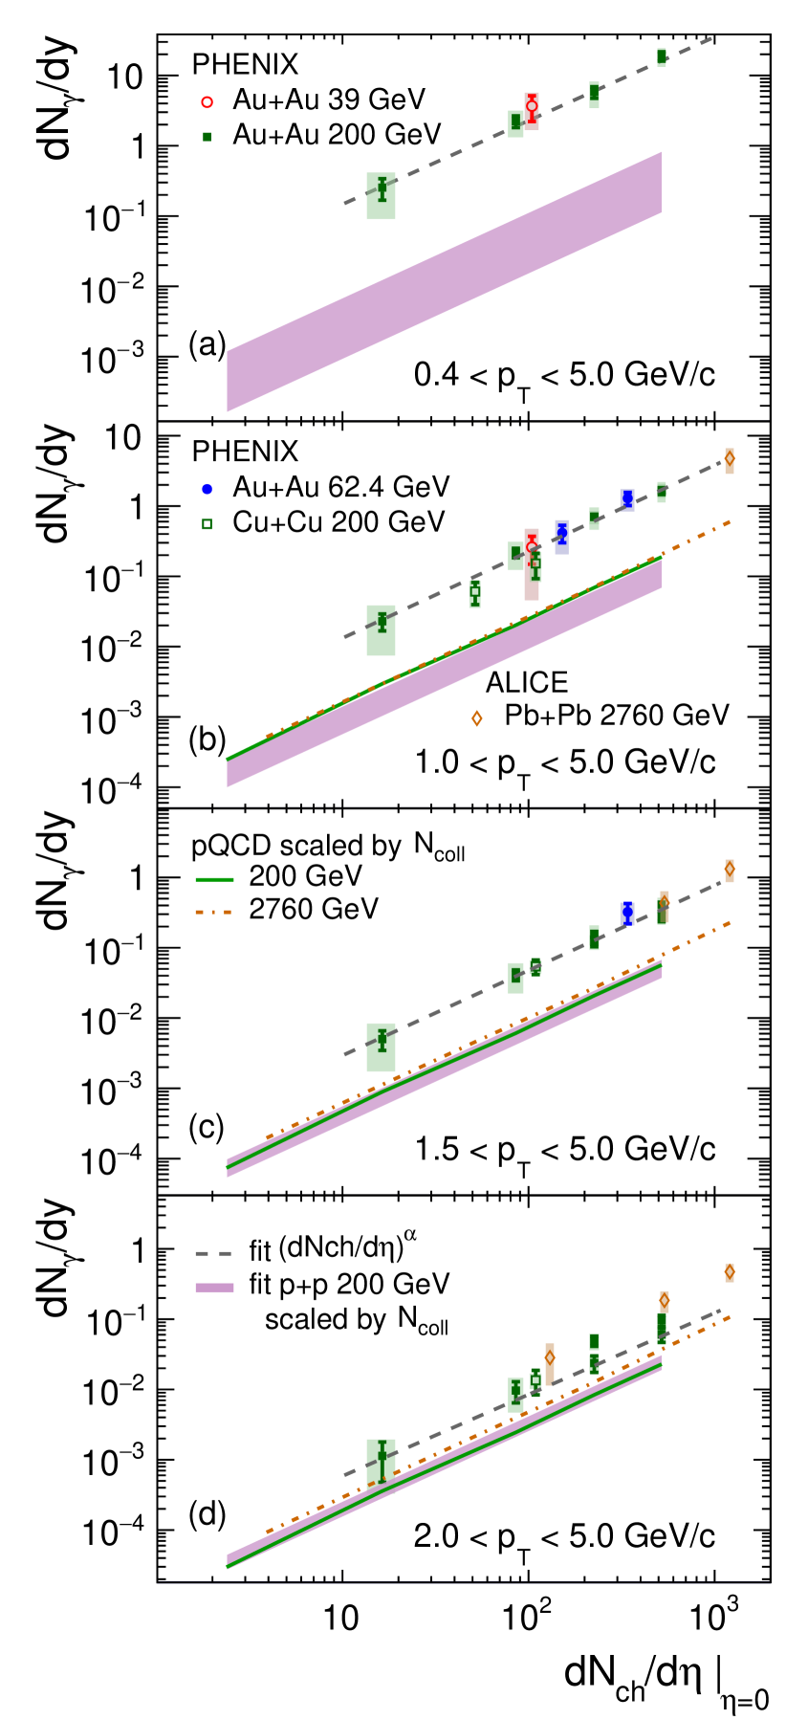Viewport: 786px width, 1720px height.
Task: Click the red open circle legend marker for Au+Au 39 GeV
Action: click(x=208, y=99)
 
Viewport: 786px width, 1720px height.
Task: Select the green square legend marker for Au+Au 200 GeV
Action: click(x=208, y=135)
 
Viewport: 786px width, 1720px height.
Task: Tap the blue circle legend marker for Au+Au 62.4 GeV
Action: click(x=208, y=488)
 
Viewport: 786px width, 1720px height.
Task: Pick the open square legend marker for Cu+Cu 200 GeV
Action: click(x=208, y=523)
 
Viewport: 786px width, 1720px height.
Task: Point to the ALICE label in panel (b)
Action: click(x=527, y=682)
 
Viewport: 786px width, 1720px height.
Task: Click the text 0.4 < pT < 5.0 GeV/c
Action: click(x=564, y=375)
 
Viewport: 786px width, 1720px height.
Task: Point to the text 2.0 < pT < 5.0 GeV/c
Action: click(x=564, y=1537)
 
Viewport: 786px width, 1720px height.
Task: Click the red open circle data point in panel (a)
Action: click(x=533, y=106)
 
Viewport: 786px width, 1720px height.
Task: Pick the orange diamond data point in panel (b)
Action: click(x=730, y=458)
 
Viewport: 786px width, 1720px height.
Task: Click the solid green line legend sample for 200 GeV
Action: click(x=214, y=876)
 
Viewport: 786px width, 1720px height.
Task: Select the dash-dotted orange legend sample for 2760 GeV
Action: click(x=214, y=910)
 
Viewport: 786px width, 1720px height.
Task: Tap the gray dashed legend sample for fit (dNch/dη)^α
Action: click(x=214, y=1251)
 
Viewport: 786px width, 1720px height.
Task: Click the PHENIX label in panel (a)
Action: click(x=245, y=64)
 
